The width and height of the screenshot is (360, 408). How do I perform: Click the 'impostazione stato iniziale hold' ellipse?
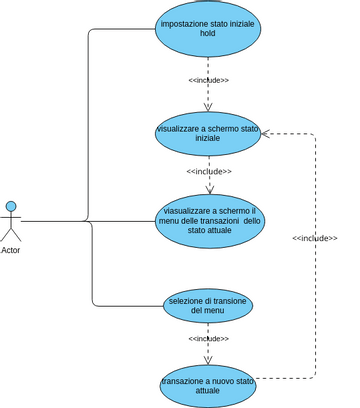pyautogui.click(x=208, y=31)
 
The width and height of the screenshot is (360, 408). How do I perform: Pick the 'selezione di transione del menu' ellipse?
pyautogui.click(x=208, y=305)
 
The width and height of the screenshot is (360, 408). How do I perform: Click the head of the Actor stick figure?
pyautogui.click(x=11, y=206)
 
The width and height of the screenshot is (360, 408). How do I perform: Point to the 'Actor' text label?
pyautogui.click(x=11, y=250)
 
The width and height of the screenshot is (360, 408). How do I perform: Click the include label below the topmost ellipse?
pyautogui.click(x=208, y=80)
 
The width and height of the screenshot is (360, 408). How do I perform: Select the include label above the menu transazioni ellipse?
pyautogui.click(x=208, y=171)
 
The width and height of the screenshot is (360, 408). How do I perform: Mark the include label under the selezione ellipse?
pyautogui.click(x=208, y=338)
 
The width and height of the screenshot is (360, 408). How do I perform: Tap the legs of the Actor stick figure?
pyautogui.click(x=11, y=236)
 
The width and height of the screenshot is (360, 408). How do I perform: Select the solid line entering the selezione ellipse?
pyautogui.click(x=130, y=305)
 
